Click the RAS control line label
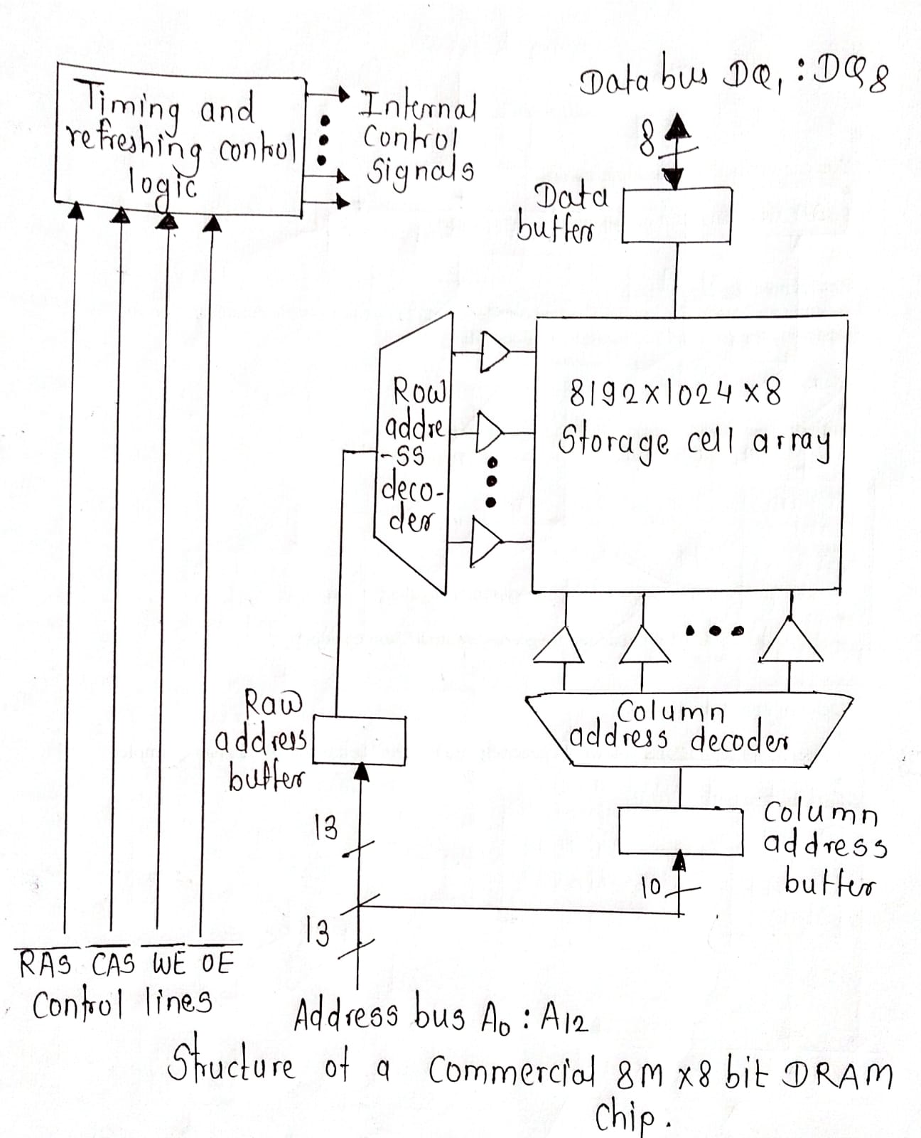[45, 965]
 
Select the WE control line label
[169, 964]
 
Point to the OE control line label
[217, 964]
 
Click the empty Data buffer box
[677, 215]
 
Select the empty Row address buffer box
[359, 741]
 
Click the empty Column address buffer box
[680, 830]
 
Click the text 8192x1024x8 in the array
[675, 393]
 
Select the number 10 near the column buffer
[651, 887]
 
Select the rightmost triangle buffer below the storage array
[790, 642]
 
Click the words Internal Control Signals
[418, 139]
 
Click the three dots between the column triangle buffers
[713, 629]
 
